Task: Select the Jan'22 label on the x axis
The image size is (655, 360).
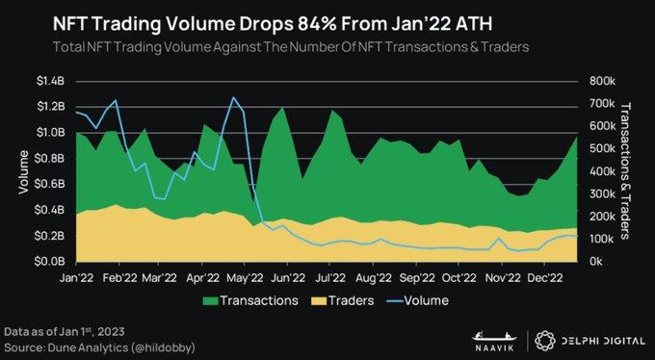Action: (x=76, y=278)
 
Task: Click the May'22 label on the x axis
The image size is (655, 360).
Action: (x=246, y=278)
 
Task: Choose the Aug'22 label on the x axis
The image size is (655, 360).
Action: (x=372, y=278)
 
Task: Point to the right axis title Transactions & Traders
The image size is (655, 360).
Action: (x=627, y=170)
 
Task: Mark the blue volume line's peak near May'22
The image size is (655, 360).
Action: (x=232, y=97)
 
